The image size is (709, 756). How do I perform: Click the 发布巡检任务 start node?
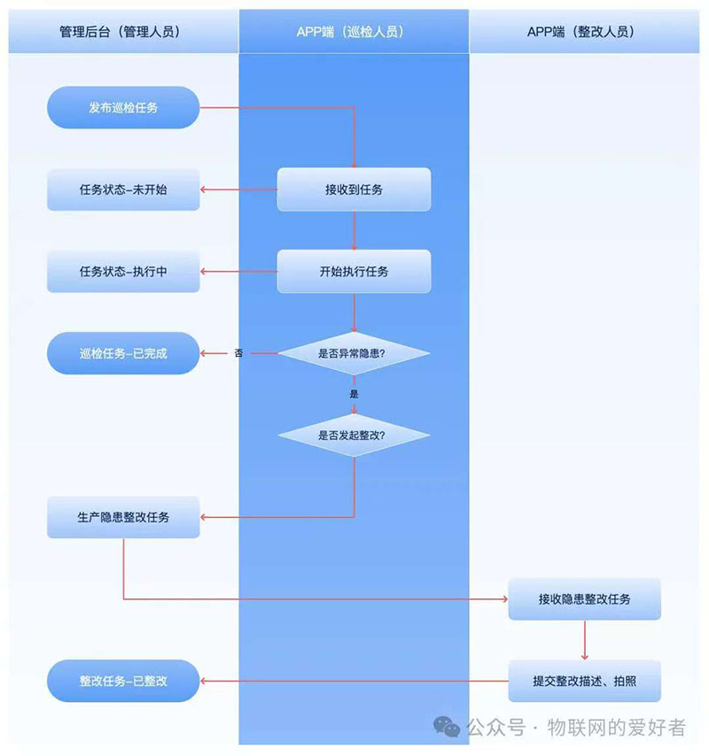point(123,107)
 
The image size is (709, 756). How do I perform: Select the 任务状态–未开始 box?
point(123,189)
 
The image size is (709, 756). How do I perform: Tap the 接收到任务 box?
point(354,189)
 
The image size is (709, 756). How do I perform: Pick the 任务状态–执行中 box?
point(123,272)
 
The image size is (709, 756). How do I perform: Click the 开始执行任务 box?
point(354,272)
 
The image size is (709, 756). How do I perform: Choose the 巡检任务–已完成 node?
point(123,353)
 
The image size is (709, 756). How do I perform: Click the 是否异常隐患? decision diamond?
point(354,353)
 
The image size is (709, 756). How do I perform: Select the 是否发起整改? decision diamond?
point(354,435)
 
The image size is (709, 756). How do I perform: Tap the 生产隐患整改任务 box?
point(123,517)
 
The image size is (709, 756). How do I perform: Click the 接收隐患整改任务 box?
point(584,598)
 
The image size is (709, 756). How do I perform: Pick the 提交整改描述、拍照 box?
point(584,681)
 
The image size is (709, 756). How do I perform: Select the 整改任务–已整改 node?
point(123,681)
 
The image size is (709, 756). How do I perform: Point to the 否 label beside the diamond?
point(238,353)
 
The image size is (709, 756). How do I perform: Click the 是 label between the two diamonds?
point(354,394)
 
